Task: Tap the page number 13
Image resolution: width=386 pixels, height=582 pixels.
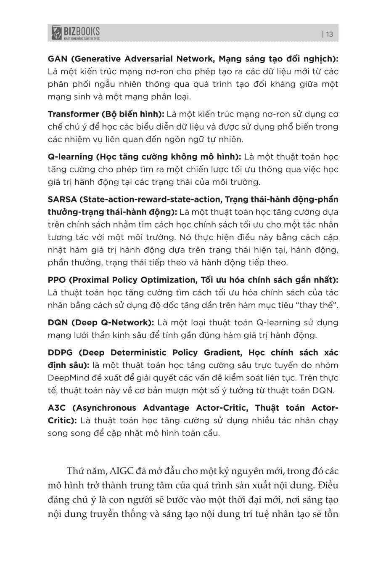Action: (329, 35)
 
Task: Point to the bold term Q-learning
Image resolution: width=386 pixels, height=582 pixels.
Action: (70, 157)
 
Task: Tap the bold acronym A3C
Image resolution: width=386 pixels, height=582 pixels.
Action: (57, 407)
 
